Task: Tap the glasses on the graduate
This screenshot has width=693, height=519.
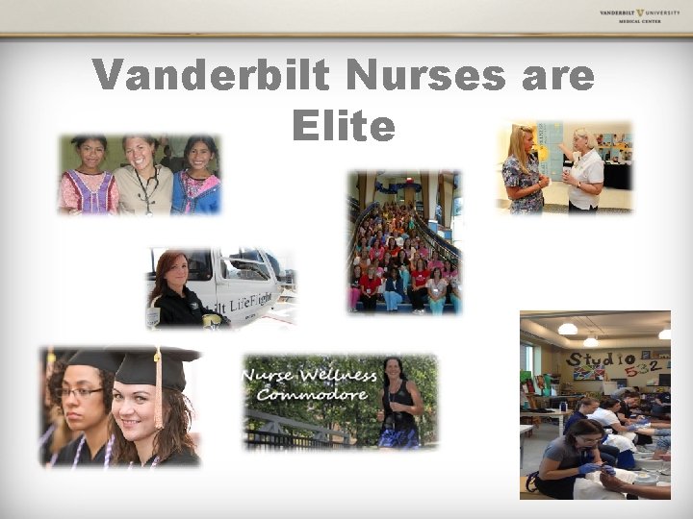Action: pyautogui.click(x=79, y=392)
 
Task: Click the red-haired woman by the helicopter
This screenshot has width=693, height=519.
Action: pyautogui.click(x=173, y=288)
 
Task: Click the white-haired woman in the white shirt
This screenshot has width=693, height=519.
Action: pyautogui.click(x=584, y=168)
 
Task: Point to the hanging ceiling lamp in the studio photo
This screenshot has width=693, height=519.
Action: pyautogui.click(x=569, y=329)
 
